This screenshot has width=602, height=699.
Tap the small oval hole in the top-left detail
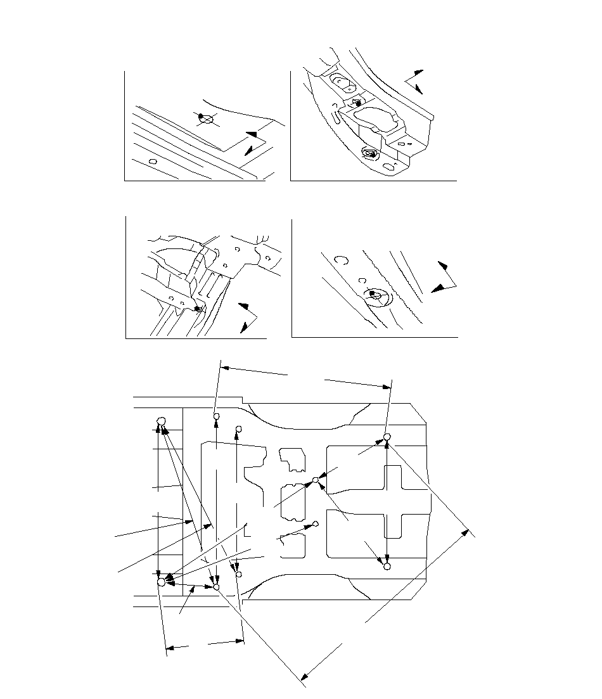(153, 162)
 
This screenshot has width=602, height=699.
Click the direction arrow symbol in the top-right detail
(413, 80)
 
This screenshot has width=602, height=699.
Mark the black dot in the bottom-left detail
(198, 308)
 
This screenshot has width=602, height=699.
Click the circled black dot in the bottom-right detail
(374, 294)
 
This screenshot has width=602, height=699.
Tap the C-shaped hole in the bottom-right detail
(341, 259)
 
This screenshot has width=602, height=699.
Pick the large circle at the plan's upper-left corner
(161, 421)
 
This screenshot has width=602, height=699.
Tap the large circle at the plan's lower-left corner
(161, 582)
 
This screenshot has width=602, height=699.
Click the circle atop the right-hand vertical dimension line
(387, 437)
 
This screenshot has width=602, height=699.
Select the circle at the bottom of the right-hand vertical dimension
(387, 567)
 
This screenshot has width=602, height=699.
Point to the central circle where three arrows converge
(316, 480)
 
